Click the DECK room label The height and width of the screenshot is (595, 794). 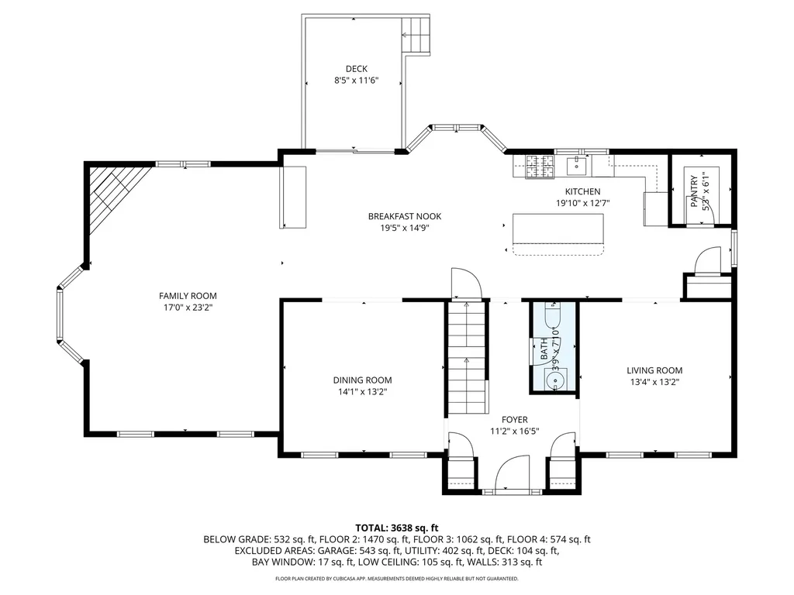(x=356, y=69)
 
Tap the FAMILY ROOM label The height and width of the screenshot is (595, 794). (x=188, y=296)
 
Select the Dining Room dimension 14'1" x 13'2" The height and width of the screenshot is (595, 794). (x=362, y=392)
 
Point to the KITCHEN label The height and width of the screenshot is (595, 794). (x=582, y=192)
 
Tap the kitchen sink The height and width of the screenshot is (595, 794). (x=577, y=164)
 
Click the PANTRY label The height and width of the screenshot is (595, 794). (x=695, y=191)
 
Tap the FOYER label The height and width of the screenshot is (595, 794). (x=514, y=419)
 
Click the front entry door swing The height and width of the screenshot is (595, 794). (x=513, y=473)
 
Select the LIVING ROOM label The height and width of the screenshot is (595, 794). (x=654, y=370)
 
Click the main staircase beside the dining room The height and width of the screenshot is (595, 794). (x=467, y=356)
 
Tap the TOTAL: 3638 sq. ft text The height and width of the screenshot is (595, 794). (x=396, y=526)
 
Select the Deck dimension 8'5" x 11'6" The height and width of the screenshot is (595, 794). (x=356, y=81)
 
